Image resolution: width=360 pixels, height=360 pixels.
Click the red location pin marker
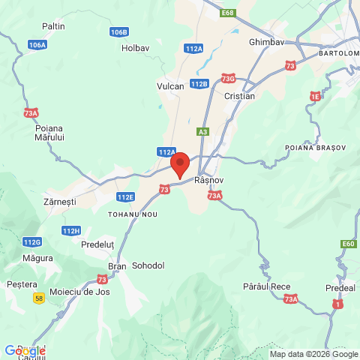(180, 163)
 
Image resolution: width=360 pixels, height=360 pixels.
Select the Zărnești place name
(60, 202)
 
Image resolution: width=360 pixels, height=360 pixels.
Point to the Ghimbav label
(266, 43)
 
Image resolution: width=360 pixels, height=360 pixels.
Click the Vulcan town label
(170, 86)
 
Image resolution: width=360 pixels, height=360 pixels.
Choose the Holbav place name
(136, 48)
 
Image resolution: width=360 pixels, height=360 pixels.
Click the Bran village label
(118, 266)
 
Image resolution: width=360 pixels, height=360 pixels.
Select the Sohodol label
(148, 265)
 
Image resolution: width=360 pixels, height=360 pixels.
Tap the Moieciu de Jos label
(79, 292)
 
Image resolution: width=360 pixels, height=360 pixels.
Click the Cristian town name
(239, 96)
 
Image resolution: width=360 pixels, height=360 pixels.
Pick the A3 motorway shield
(202, 132)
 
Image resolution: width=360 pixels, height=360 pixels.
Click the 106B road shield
(118, 32)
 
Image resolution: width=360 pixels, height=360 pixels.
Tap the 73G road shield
(229, 79)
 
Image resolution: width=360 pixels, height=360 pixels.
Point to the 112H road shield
(71, 231)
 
